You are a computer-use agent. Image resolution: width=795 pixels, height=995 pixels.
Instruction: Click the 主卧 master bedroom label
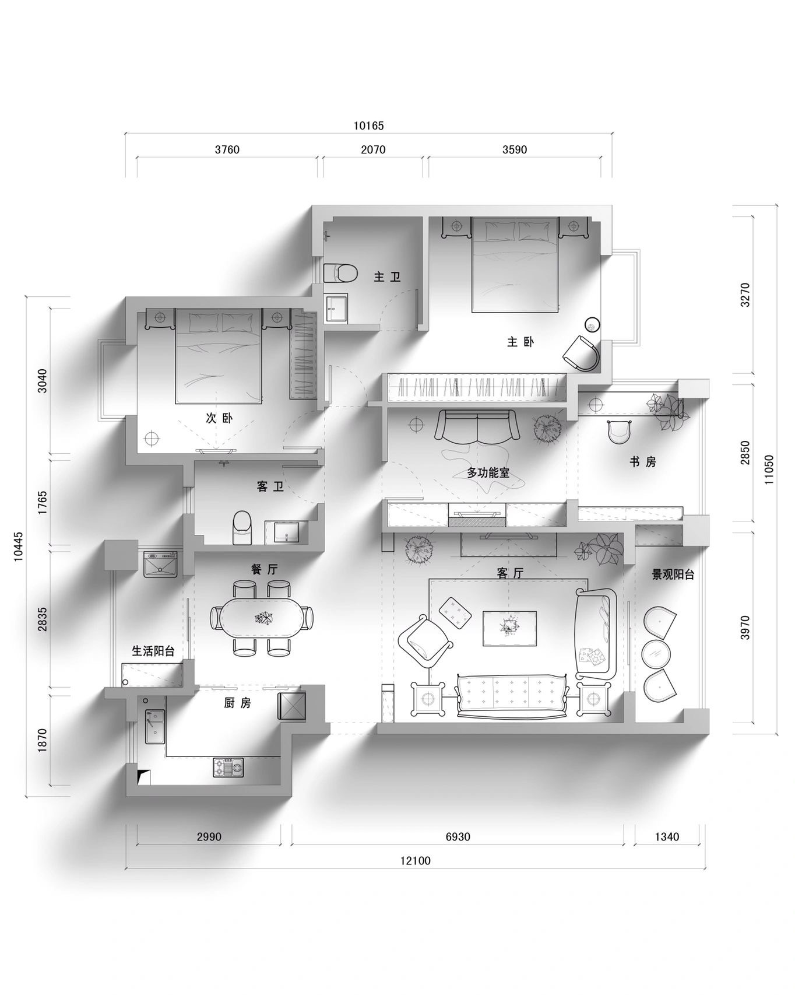tap(520, 342)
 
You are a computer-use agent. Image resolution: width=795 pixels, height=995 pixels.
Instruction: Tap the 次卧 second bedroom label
tap(219, 418)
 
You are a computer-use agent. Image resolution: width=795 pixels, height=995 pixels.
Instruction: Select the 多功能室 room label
tap(488, 472)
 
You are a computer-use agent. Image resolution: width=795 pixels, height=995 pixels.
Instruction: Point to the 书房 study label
tap(643, 462)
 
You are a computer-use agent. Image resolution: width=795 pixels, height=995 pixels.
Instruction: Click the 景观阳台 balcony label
tap(673, 574)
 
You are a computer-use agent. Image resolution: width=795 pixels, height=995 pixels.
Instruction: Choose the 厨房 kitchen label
tap(237, 703)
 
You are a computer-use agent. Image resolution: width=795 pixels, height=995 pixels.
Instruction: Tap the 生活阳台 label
tap(153, 651)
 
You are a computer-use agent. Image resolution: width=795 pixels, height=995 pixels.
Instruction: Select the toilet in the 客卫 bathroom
tap(242, 527)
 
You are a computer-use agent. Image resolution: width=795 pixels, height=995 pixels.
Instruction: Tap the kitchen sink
tap(154, 727)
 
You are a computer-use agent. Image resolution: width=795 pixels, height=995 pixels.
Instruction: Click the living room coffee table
tap(509, 628)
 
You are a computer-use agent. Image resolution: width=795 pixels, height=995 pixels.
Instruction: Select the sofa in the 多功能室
tap(477, 426)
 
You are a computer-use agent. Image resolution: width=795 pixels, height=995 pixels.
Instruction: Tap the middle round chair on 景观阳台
tap(659, 654)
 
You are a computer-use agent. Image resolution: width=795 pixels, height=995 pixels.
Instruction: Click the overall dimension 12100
tap(416, 861)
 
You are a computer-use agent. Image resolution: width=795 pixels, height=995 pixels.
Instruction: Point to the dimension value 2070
tap(373, 150)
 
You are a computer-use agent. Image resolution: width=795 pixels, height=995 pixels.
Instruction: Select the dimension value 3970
tap(745, 628)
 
